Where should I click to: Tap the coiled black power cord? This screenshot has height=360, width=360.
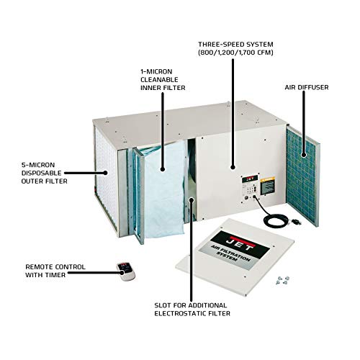[x=271, y=214]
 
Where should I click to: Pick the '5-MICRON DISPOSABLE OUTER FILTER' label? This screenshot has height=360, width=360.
[x=45, y=172]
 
